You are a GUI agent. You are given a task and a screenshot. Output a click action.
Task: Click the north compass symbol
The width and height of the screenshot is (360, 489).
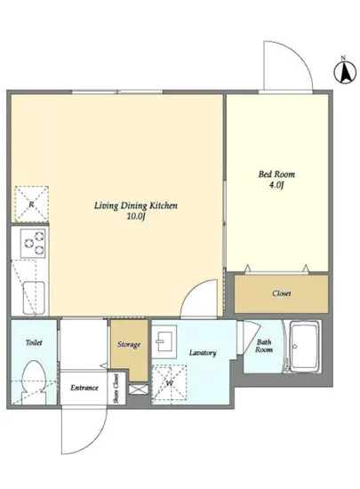point(345,72)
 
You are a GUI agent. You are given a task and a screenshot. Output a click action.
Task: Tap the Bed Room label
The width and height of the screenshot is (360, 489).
point(276,174)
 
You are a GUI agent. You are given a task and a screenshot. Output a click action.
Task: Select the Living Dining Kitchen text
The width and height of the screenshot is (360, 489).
point(136,206)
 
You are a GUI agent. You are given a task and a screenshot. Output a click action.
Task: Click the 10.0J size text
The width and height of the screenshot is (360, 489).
point(136,216)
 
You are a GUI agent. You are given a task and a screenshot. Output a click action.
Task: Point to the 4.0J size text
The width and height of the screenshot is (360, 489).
point(276,185)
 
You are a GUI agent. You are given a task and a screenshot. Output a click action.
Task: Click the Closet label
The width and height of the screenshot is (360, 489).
point(282,293)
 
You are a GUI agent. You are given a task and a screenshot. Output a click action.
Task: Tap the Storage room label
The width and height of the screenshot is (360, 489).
point(129,345)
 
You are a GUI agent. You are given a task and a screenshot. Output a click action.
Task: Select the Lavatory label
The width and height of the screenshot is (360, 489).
point(203,353)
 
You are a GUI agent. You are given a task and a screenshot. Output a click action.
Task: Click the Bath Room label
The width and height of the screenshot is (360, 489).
point(264,346)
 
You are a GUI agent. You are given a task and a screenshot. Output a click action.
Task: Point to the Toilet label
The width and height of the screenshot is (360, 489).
point(34,342)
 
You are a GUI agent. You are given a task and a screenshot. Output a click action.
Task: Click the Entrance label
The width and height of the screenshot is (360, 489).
point(84,388)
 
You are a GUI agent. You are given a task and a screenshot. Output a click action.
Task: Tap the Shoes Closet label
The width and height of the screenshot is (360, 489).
point(116,389)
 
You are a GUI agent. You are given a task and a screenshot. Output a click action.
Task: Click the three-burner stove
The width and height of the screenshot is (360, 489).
point(33,244)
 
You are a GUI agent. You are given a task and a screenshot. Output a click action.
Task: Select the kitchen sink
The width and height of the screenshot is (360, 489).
point(34,298)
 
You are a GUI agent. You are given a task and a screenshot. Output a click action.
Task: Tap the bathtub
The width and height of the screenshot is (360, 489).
point(305,347)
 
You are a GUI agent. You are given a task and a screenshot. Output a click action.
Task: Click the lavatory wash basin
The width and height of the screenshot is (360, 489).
point(164,341)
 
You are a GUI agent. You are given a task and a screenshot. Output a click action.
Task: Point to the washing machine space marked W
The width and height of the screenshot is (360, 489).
point(169,383)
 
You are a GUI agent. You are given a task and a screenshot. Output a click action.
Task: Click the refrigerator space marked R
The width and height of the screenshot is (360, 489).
point(31,204)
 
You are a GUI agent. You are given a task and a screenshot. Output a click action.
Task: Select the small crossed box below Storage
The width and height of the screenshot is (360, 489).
point(138,389)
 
